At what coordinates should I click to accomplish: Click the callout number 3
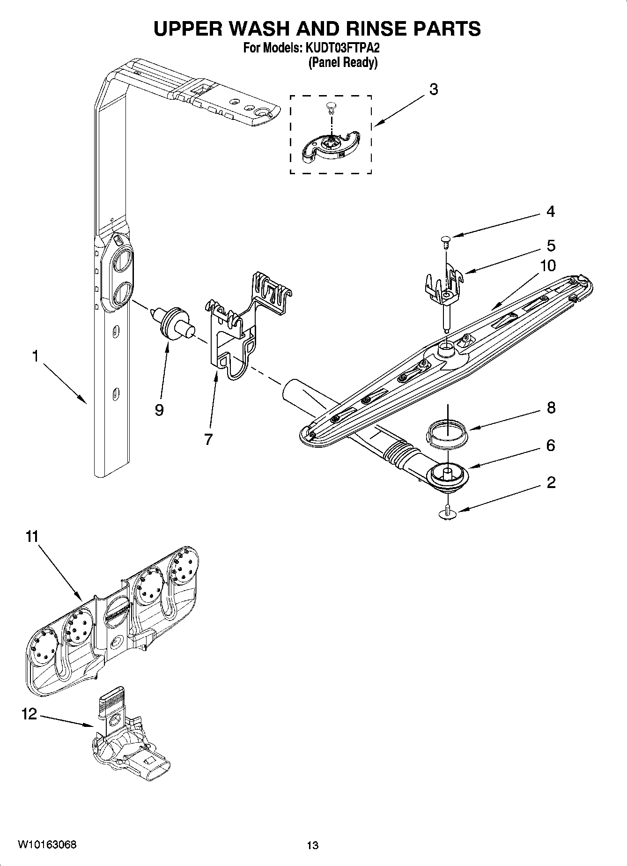click(x=434, y=89)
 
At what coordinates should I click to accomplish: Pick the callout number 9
click(x=159, y=410)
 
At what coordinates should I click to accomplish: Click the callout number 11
click(x=31, y=536)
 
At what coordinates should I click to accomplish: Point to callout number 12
click(x=29, y=714)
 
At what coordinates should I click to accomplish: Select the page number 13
click(x=312, y=845)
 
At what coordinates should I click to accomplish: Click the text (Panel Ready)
click(x=342, y=62)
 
